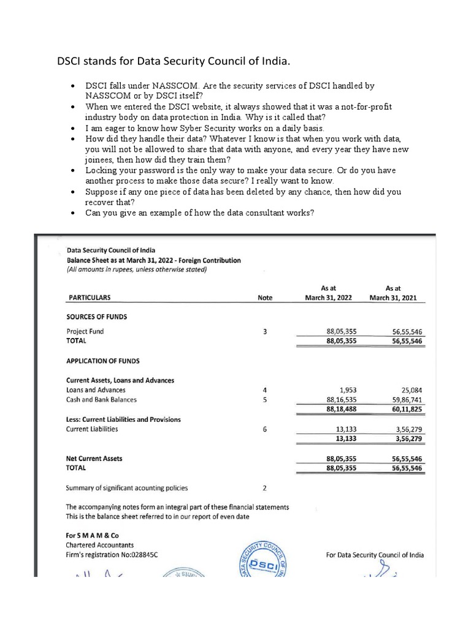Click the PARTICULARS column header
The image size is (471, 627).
tap(88, 298)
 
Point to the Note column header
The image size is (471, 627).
tap(265, 298)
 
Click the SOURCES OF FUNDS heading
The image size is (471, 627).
tap(96, 317)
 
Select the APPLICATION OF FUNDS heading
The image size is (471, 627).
tap(102, 361)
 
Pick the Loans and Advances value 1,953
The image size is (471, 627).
tap(348, 390)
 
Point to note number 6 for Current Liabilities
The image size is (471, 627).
tap(264, 429)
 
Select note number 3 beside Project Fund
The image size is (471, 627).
tap(264, 331)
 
